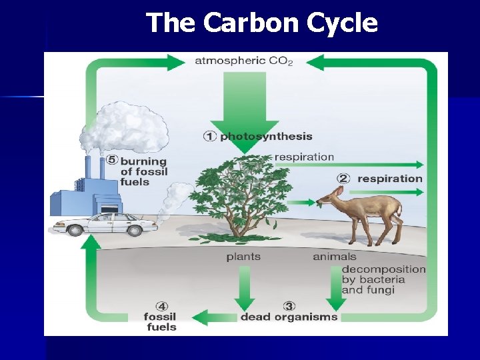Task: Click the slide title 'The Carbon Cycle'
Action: pos(261,23)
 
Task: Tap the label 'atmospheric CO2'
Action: pos(243,61)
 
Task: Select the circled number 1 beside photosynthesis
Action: pos(210,137)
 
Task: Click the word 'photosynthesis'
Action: pos(266,137)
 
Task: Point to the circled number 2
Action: pos(343,179)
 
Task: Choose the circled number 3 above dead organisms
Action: pos(289,306)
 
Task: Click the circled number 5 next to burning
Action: pos(111,161)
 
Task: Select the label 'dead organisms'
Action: pos(289,317)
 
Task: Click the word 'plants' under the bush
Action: pos(243,257)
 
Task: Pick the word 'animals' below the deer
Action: pos(335,257)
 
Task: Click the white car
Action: pos(107,223)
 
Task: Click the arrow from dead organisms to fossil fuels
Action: pos(214,317)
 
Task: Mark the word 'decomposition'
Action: pos(383,269)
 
